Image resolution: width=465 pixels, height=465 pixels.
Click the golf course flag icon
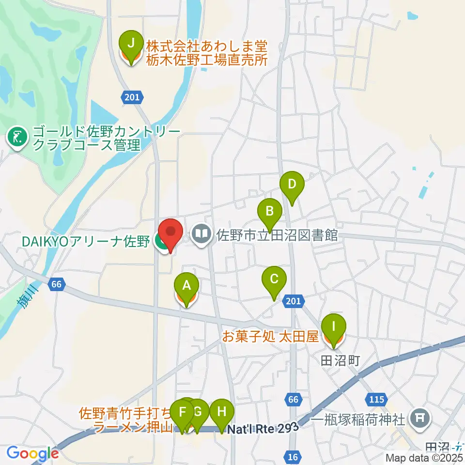click(17, 138)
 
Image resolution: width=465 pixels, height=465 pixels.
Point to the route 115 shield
click(378, 400)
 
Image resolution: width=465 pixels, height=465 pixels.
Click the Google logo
click(33, 454)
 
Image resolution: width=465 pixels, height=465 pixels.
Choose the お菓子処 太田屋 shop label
click(270, 337)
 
